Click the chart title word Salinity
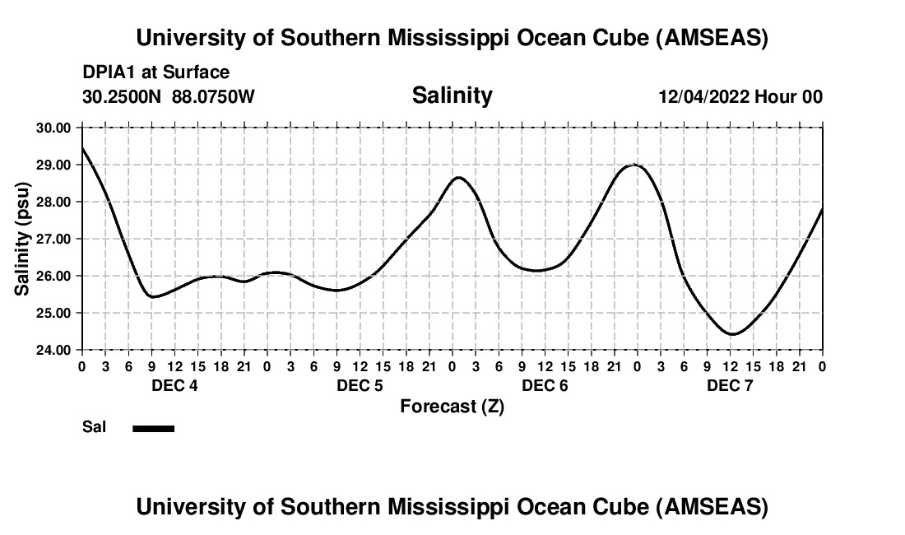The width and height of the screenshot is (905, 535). (452, 95)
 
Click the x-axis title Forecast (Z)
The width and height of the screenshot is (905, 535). (452, 406)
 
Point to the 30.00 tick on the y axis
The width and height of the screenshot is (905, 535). (53, 128)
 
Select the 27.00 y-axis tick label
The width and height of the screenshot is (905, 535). (53, 239)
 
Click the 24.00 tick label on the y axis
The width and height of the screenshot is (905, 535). (53, 350)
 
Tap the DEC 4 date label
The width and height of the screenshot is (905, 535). (174, 386)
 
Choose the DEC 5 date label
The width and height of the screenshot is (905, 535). (360, 386)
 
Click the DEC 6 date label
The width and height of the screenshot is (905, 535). (545, 386)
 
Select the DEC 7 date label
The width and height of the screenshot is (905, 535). (730, 386)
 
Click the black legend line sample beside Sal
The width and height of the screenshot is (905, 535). (154, 428)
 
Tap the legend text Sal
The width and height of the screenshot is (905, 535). (94, 428)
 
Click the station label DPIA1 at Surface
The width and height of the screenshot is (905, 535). (155, 73)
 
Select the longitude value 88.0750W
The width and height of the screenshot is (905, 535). (213, 97)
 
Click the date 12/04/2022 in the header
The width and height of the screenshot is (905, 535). (703, 97)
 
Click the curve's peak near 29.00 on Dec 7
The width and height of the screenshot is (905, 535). (634, 165)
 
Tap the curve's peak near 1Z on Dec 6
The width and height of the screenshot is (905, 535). (458, 177)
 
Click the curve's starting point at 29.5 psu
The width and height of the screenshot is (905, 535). (82, 147)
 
